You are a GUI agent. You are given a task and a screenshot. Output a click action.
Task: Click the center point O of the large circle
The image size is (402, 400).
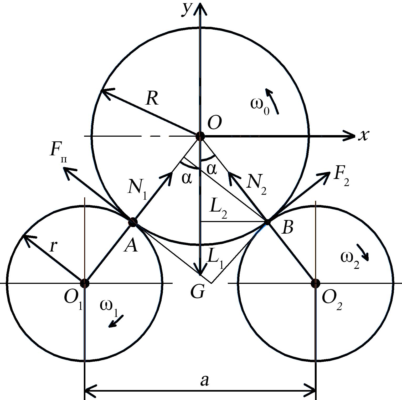pyautogui.click(x=200, y=136)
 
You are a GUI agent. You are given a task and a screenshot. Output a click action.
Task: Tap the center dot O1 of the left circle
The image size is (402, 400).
pyautogui.click(x=85, y=283)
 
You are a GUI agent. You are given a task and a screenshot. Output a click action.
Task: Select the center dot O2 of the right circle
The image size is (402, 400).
pyautogui.click(x=315, y=283)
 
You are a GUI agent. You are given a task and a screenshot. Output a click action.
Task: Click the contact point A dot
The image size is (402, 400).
pyautogui.click(x=133, y=222)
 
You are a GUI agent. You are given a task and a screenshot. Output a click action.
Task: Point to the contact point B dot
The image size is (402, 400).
pyautogui.click(x=267, y=222)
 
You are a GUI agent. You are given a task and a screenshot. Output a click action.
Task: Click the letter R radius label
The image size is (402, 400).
pyautogui.click(x=152, y=99)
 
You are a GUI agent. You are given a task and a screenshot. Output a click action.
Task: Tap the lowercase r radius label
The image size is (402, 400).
pyautogui.click(x=53, y=246)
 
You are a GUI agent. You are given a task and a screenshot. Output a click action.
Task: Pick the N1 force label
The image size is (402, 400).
pyautogui.click(x=137, y=190)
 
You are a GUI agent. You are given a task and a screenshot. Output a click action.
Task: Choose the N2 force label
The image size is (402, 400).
pyautogui.click(x=256, y=185)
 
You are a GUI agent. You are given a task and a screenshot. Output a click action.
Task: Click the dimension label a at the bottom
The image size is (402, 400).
pyautogui.click(x=204, y=381)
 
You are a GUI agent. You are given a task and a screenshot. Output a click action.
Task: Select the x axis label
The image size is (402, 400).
pyautogui.click(x=363, y=135)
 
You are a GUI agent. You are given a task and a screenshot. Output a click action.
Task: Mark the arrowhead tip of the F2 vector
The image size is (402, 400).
pyautogui.click(x=330, y=171)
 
